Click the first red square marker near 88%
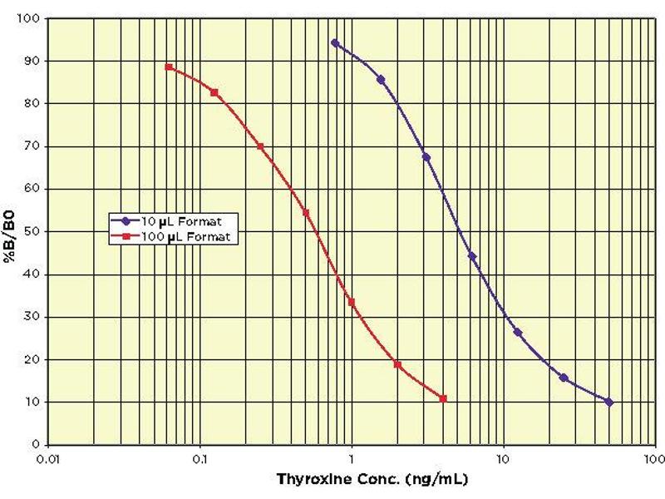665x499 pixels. pos(169,67)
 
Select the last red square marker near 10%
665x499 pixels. pos(443,398)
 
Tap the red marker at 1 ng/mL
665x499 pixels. pos(352,302)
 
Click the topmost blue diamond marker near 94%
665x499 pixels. pos(335,42)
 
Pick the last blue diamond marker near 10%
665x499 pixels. pos(609,402)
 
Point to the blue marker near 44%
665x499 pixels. pos(472,256)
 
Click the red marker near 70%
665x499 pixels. pos(260,146)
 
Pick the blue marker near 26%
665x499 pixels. pos(518,333)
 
